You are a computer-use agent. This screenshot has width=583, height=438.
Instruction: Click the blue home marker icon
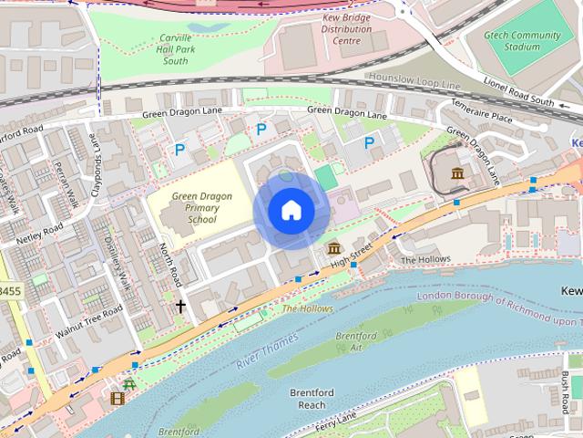coord(291,211)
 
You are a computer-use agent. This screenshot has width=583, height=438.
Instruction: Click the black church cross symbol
coord(180,307)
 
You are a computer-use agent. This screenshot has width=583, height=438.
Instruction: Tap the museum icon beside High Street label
coord(332,249)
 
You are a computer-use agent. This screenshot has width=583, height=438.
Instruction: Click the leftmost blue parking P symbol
coord(179,148)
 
